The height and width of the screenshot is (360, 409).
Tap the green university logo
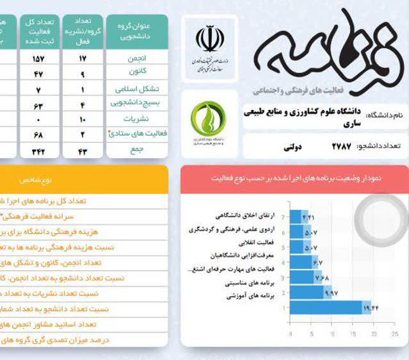pos(207,118)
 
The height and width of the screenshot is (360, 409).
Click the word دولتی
pos(291,147)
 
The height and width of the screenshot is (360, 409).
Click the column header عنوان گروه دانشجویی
pos(136,31)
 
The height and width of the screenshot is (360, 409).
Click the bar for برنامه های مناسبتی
pos(310,293)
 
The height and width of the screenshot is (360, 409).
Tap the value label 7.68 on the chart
pos(321,277)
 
